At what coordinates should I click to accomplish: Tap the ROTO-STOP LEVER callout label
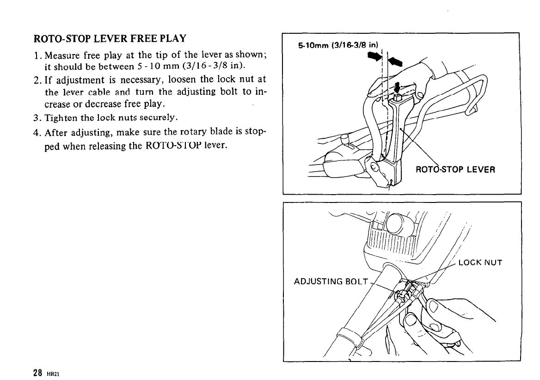click(455, 169)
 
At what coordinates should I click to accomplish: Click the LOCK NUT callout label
click(480, 264)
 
